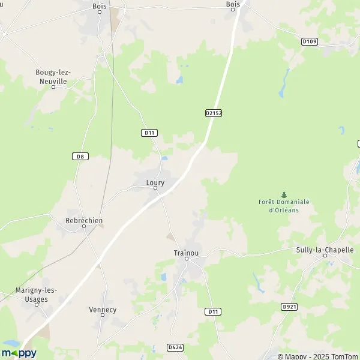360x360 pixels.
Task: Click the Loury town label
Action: pos(155,182)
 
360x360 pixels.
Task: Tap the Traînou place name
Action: pos(186,253)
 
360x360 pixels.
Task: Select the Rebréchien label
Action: pos(83,220)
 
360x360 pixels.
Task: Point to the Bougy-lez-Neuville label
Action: pos(51,76)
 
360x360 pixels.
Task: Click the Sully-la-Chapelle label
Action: pos(325,250)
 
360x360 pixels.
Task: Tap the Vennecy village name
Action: pos(103,310)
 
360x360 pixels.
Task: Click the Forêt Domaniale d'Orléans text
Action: pos(284,206)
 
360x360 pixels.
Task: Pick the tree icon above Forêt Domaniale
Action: pos(284,194)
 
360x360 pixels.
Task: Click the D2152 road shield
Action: pos(214,113)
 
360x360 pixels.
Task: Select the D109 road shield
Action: pos(308,41)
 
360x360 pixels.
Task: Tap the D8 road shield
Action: pos(79,157)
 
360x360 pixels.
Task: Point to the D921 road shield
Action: pos(289,307)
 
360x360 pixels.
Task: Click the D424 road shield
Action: pos(175,347)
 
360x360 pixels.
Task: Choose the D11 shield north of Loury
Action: pos(149,133)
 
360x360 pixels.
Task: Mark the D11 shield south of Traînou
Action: pos(212,311)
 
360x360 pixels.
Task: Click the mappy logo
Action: pos(19,353)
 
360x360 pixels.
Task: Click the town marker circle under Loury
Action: pos(155,188)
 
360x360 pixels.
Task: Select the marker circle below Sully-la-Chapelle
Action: pos(326,256)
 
